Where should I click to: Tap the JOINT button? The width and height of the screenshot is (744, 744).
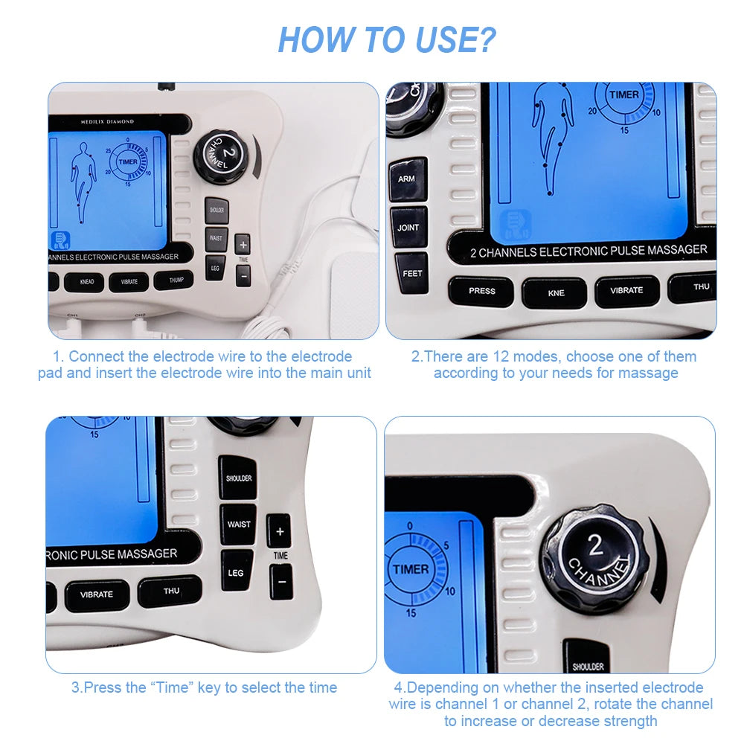(x=408, y=227)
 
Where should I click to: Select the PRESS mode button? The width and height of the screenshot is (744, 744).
(x=481, y=291)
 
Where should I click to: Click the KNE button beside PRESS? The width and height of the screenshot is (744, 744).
(x=555, y=293)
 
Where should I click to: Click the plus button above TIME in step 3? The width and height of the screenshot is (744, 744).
(x=279, y=531)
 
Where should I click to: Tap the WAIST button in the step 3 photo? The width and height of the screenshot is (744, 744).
(x=238, y=525)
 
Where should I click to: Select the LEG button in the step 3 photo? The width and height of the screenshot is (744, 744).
(x=236, y=572)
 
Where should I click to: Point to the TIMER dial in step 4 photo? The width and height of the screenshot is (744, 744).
(x=411, y=570)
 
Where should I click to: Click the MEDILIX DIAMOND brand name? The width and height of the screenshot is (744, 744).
(x=108, y=121)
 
